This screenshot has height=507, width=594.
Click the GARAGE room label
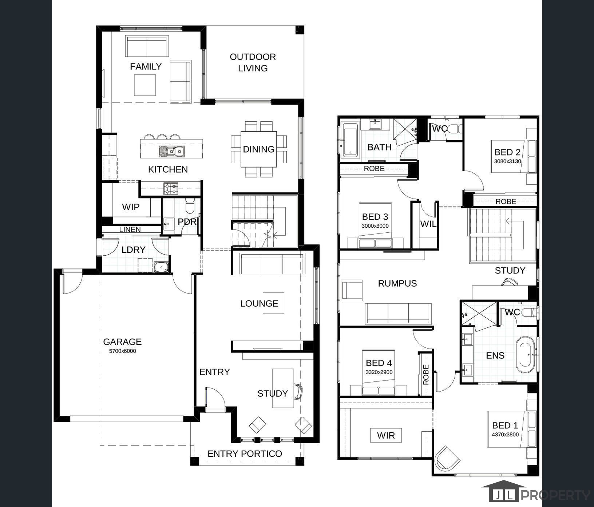click(x=122, y=342)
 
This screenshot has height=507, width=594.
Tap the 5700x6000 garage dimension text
click(x=122, y=351)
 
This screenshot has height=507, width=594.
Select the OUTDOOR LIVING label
click(x=253, y=62)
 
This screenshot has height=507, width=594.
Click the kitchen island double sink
click(x=171, y=151)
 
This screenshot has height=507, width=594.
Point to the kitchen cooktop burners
click(x=171, y=188)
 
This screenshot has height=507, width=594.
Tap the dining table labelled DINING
click(x=258, y=149)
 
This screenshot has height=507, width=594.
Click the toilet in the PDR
click(x=190, y=205)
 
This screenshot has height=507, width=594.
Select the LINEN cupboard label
click(x=130, y=229)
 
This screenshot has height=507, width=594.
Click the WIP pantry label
click(x=131, y=207)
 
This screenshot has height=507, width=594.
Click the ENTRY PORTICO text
click(x=245, y=453)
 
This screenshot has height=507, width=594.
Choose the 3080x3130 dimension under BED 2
click(x=507, y=161)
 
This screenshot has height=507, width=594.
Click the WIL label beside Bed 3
click(x=428, y=224)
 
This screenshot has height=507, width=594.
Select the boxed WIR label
click(x=386, y=435)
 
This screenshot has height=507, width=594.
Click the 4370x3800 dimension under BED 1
click(x=505, y=434)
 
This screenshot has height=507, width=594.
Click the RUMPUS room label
click(x=397, y=283)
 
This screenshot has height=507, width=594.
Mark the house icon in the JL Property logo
click(x=504, y=491)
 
